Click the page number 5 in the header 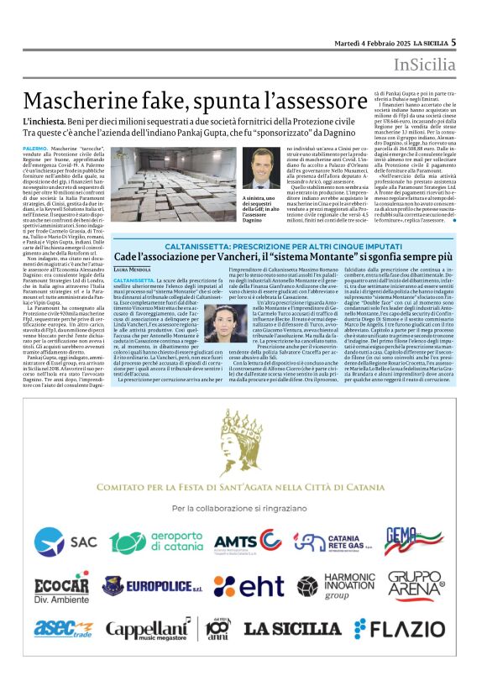click(x=453, y=42)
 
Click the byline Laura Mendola click(x=132, y=269)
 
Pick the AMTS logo click(x=247, y=540)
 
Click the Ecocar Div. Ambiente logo click(x=62, y=585)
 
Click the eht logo click(x=249, y=585)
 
